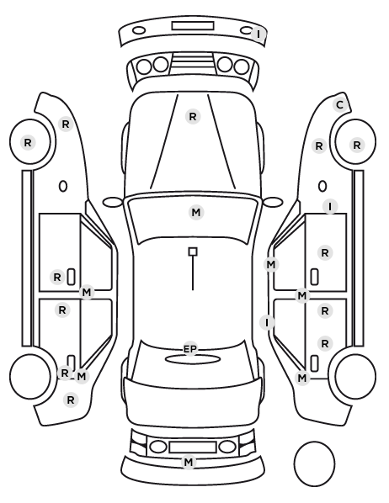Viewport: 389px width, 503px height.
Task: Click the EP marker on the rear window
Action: pos(189,349)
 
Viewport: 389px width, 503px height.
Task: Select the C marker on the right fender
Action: pos(339,105)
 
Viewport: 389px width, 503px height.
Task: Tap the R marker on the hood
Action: pos(193,116)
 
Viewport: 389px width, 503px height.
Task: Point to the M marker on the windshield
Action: pos(196,212)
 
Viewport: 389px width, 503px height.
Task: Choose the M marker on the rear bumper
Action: pos(189,463)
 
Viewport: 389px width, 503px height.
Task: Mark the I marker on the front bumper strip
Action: pos(258,34)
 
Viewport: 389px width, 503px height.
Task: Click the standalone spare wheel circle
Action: pos(314,463)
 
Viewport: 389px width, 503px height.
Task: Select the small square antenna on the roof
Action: pos(193,251)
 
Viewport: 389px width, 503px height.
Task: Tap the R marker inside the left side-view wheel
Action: pos(28,143)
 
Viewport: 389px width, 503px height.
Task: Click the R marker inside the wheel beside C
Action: pos(357,146)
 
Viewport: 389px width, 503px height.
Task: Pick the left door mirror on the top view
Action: pos(113,202)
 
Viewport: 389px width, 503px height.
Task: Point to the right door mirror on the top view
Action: pos(273,202)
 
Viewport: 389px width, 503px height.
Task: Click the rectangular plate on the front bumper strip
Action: pos(193,26)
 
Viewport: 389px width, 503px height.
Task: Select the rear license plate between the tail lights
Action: pos(193,447)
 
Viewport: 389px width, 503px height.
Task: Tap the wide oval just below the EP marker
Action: pos(193,359)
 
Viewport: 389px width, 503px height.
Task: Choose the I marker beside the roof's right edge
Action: pos(267,322)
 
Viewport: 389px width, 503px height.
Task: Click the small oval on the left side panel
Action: pos(63,186)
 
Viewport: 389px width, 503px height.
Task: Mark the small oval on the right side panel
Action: pos(322,186)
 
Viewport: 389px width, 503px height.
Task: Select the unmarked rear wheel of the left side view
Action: pos(30,376)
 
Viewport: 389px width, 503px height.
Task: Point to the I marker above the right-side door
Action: pos(330,206)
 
